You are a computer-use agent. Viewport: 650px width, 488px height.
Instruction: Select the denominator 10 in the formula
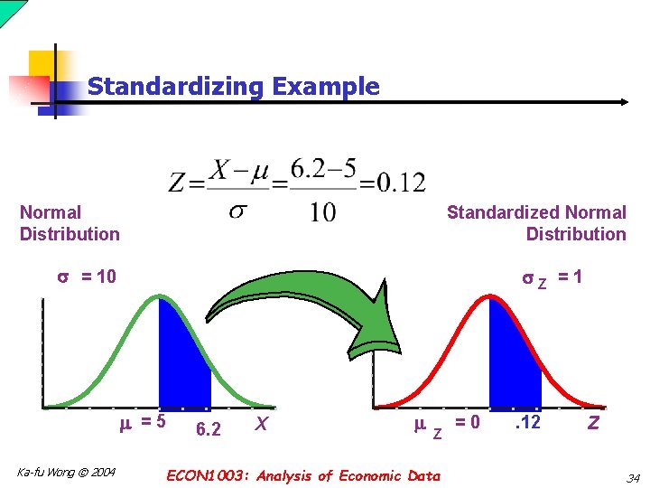click(322, 212)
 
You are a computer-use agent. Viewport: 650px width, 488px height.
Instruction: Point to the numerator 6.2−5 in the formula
click(322, 169)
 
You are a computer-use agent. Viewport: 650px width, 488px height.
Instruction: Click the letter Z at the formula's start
click(178, 183)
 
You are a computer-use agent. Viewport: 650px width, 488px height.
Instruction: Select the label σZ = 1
click(552, 278)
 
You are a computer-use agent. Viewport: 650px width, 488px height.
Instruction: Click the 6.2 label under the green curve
click(208, 429)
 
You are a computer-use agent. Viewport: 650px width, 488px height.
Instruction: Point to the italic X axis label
click(260, 423)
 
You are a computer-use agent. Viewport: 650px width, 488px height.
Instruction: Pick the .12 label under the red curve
click(526, 422)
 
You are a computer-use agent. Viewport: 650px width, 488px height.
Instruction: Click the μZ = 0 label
click(446, 425)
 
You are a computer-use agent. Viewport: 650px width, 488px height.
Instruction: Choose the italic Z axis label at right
click(593, 422)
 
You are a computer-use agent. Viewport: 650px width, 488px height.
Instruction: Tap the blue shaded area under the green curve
click(183, 361)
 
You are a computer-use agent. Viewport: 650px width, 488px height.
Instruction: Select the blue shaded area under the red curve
click(514, 361)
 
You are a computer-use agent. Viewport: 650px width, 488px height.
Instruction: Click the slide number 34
click(632, 477)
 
